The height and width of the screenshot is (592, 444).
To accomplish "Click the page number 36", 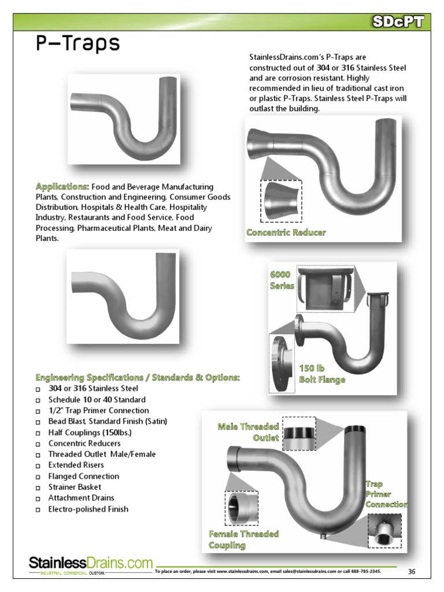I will click(412, 572).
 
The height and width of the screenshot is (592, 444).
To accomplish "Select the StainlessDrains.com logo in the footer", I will click(91, 564).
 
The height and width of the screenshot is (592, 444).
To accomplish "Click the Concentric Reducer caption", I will click(286, 232).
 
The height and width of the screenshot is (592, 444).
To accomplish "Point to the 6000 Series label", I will click(283, 280).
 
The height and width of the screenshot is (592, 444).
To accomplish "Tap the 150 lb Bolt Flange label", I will click(322, 374).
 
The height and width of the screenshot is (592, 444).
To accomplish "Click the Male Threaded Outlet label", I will click(249, 432).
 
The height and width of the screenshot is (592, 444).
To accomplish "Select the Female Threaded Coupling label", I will click(235, 539).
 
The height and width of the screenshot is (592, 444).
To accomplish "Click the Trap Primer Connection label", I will click(386, 494).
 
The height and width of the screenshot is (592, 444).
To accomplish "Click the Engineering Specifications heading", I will click(138, 378).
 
